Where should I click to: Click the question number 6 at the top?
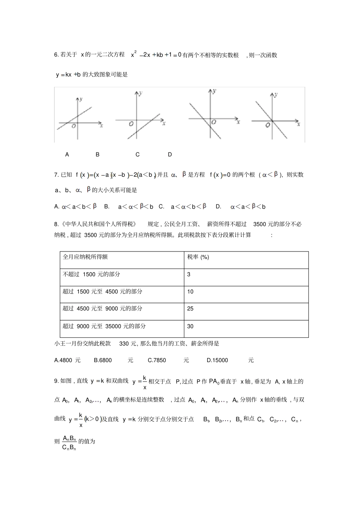tap(56, 55)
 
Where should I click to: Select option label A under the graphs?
tap(67, 154)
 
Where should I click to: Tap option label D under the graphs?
tap(170, 154)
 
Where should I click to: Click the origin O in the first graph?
tap(74, 126)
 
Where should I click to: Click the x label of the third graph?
tap(238, 122)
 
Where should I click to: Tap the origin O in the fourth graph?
tap(268, 126)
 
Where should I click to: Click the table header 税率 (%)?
tap(198, 257)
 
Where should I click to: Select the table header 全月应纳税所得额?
tap(85, 257)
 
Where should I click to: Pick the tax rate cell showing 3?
tap(189, 274)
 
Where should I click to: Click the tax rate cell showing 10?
tap(190, 292)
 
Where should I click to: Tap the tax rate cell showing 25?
tap(190, 309)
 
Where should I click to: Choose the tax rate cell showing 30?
tap(190, 326)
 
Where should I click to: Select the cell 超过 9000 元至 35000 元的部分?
tap(104, 326)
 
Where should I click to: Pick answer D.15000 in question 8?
tap(218, 360)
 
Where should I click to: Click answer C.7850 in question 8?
tap(157, 360)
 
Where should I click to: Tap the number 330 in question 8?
tap(124, 344)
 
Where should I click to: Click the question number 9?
tap(56, 381)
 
